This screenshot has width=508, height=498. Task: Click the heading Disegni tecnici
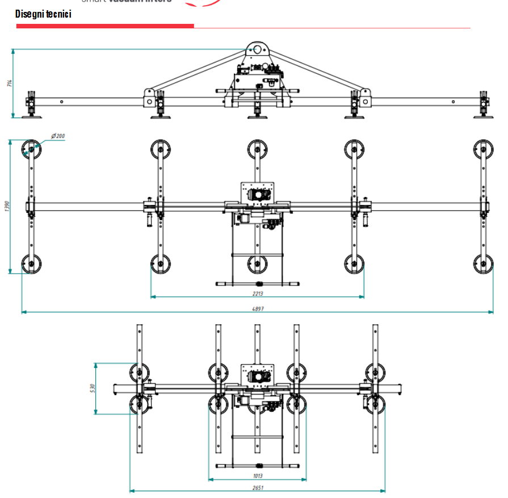click(43, 14)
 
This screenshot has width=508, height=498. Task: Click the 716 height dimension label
click(9, 83)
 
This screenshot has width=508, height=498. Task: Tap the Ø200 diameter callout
click(58, 136)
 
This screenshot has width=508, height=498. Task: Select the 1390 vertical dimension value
click(7, 206)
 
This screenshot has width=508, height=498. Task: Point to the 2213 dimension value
click(258, 294)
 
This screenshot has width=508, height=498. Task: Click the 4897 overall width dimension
click(259, 309)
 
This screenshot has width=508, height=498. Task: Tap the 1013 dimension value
click(258, 476)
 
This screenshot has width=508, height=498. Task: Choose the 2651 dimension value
click(258, 487)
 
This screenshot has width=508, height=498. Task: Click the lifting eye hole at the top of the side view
click(258, 50)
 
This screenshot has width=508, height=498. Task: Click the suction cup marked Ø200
click(31, 150)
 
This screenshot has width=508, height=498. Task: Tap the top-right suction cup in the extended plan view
click(484, 149)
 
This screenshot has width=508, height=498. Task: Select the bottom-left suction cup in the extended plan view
click(31, 263)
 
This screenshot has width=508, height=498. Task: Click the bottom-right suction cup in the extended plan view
click(484, 263)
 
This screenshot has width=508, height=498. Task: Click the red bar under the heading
click(105, 26)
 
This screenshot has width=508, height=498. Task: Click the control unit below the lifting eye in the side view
click(258, 74)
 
